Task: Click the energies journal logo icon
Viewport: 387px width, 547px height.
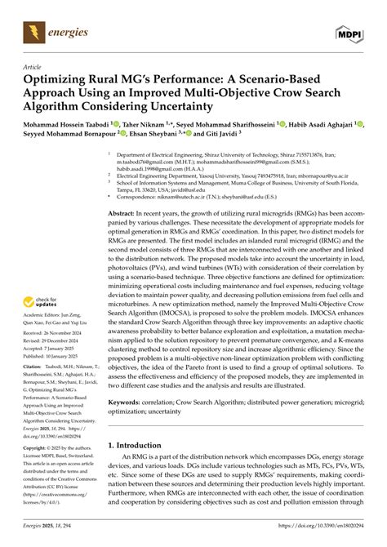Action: [x=33, y=32]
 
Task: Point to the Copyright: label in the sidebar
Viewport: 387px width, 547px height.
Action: [x=38, y=449]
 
